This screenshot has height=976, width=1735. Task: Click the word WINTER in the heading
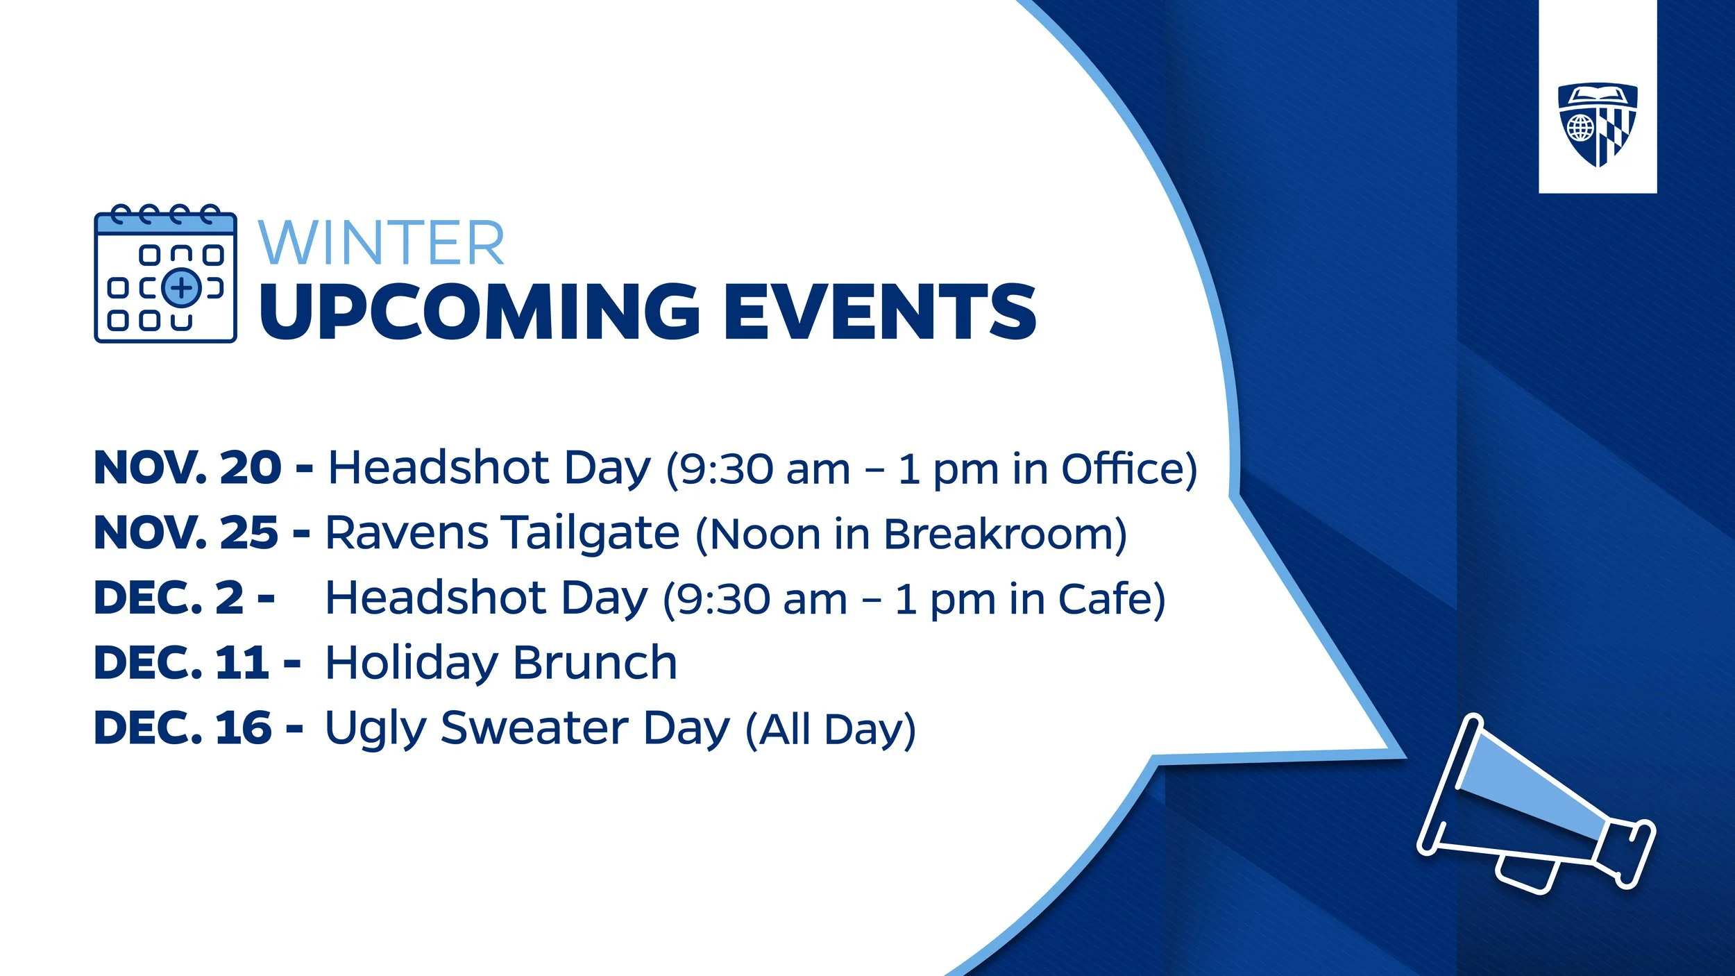pyautogui.click(x=381, y=244)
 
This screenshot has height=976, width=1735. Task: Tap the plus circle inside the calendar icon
pyautogui.click(x=181, y=287)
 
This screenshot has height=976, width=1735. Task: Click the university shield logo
pyautogui.click(x=1598, y=126)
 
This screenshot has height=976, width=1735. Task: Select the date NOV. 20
pyautogui.click(x=187, y=468)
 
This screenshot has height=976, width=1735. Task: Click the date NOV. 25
pyautogui.click(x=186, y=533)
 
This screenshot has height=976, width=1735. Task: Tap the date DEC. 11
pyautogui.click(x=181, y=663)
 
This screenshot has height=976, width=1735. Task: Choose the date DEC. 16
pyautogui.click(x=183, y=728)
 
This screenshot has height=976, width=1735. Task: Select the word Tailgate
pyautogui.click(x=591, y=533)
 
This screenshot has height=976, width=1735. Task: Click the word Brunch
pyautogui.click(x=595, y=663)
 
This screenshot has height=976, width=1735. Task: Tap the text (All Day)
pyautogui.click(x=830, y=730)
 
